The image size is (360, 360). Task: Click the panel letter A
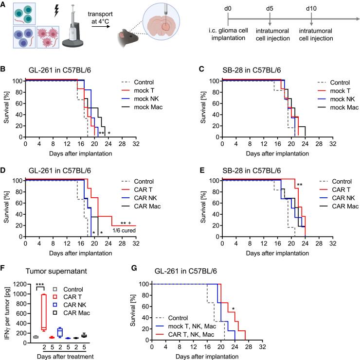[x=4, y=4]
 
